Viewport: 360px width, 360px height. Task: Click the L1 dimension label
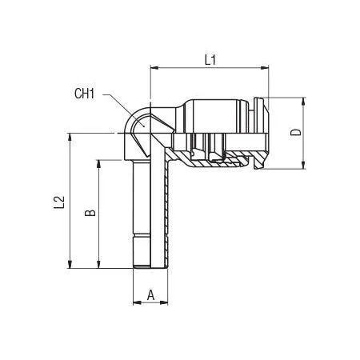coord(210,60)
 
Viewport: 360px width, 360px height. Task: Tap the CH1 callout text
coord(84,94)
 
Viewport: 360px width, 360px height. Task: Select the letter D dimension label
coord(295,132)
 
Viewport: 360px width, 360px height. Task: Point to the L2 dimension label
coord(59,202)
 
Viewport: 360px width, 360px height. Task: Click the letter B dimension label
coord(90,213)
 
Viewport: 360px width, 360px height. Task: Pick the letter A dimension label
coord(151,295)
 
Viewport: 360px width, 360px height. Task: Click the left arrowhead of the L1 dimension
coord(154,68)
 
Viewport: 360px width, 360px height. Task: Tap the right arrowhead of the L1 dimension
coord(265,68)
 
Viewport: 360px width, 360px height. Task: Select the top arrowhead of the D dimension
coord(303,102)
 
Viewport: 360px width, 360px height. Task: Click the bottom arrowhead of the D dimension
coord(303,165)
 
